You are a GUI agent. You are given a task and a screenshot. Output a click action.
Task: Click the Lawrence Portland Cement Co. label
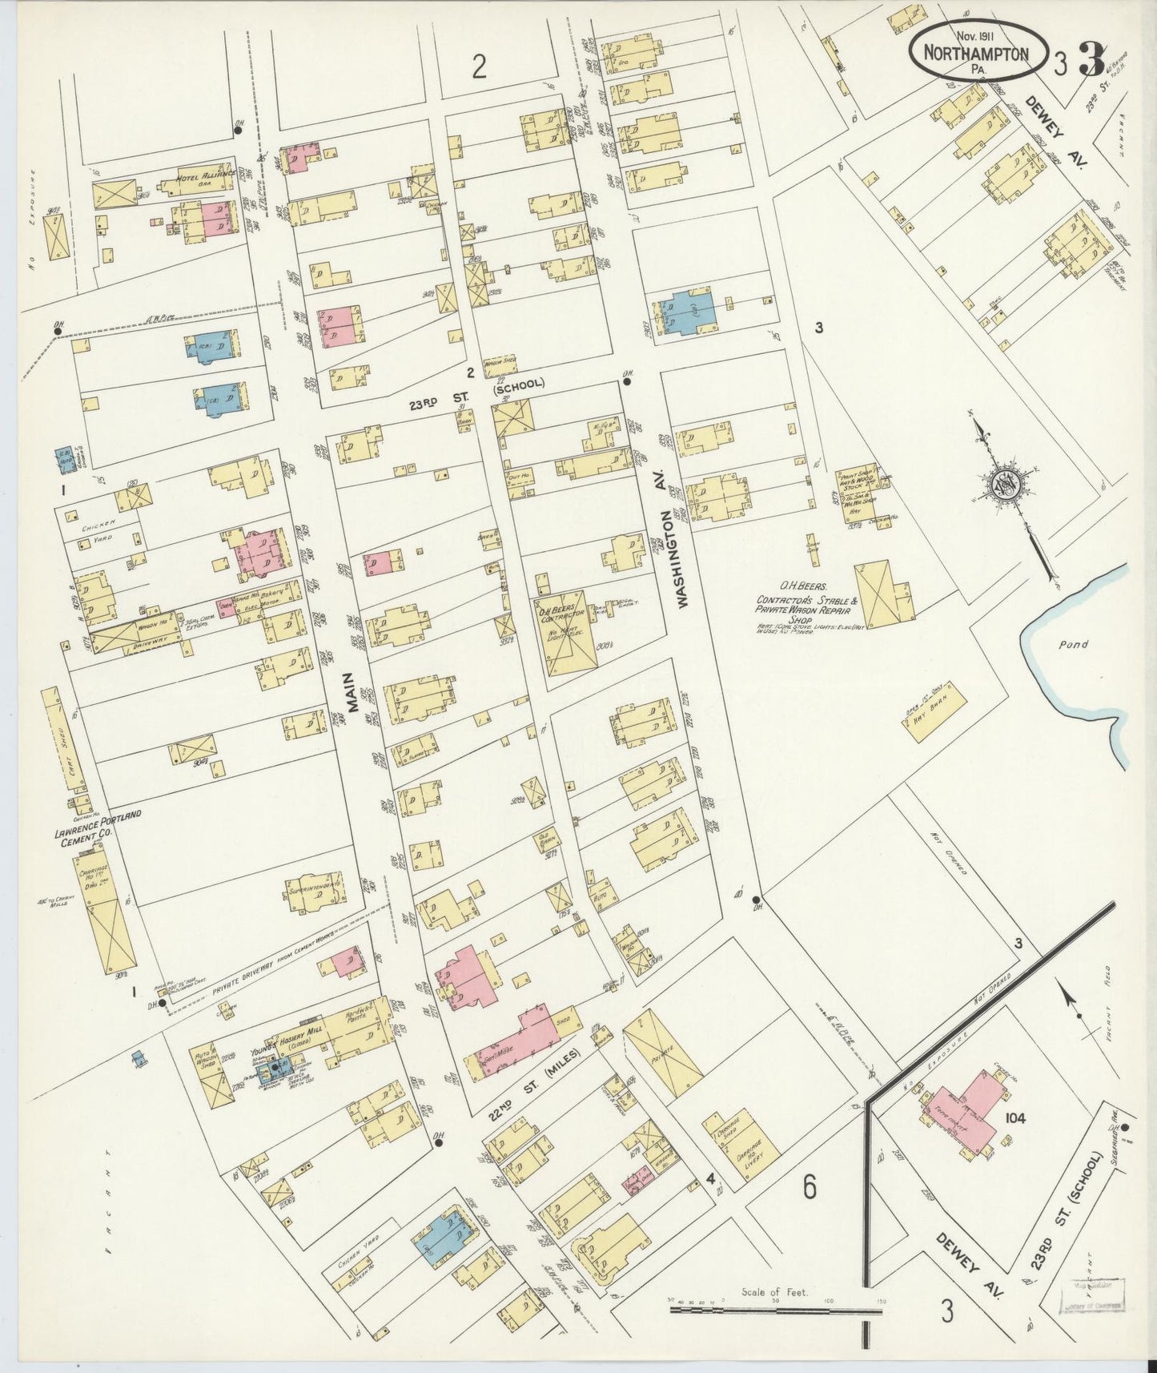[x=98, y=819]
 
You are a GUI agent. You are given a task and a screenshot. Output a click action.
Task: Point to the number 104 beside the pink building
[x=1014, y=1117]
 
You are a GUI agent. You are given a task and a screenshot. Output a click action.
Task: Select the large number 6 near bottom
[x=810, y=1186]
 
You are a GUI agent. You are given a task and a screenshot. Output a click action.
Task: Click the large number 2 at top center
[x=479, y=67]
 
